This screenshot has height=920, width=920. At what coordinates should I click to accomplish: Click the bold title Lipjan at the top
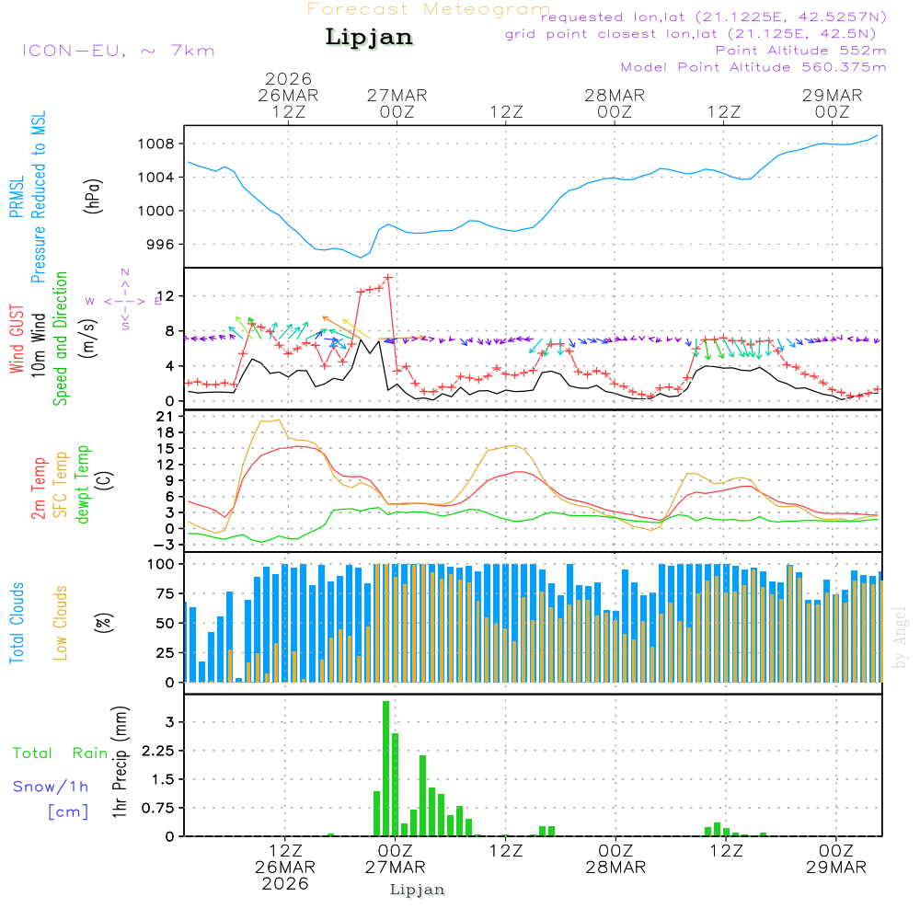[369, 37]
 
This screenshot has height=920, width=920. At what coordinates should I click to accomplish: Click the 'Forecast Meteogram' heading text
[429, 9]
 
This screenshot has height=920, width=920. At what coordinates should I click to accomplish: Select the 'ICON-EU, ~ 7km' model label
[118, 51]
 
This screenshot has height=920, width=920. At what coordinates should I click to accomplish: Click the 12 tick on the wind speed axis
[169, 295]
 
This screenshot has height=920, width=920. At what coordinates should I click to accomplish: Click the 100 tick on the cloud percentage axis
[164, 564]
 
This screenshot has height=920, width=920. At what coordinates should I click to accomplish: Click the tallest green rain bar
[386, 768]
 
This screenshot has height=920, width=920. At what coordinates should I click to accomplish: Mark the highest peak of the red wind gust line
[388, 277]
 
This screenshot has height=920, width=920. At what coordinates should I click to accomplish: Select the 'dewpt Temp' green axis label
[83, 485]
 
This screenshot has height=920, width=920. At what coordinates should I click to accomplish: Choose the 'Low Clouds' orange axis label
[62, 622]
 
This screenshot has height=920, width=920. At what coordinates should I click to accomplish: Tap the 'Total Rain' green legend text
[61, 753]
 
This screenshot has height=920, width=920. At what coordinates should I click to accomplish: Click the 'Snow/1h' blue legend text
[52, 787]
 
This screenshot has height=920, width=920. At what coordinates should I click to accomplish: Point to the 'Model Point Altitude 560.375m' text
[753, 67]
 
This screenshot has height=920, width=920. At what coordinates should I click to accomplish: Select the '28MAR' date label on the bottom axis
[615, 867]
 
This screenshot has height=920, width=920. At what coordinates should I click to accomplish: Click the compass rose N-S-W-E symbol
[124, 300]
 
